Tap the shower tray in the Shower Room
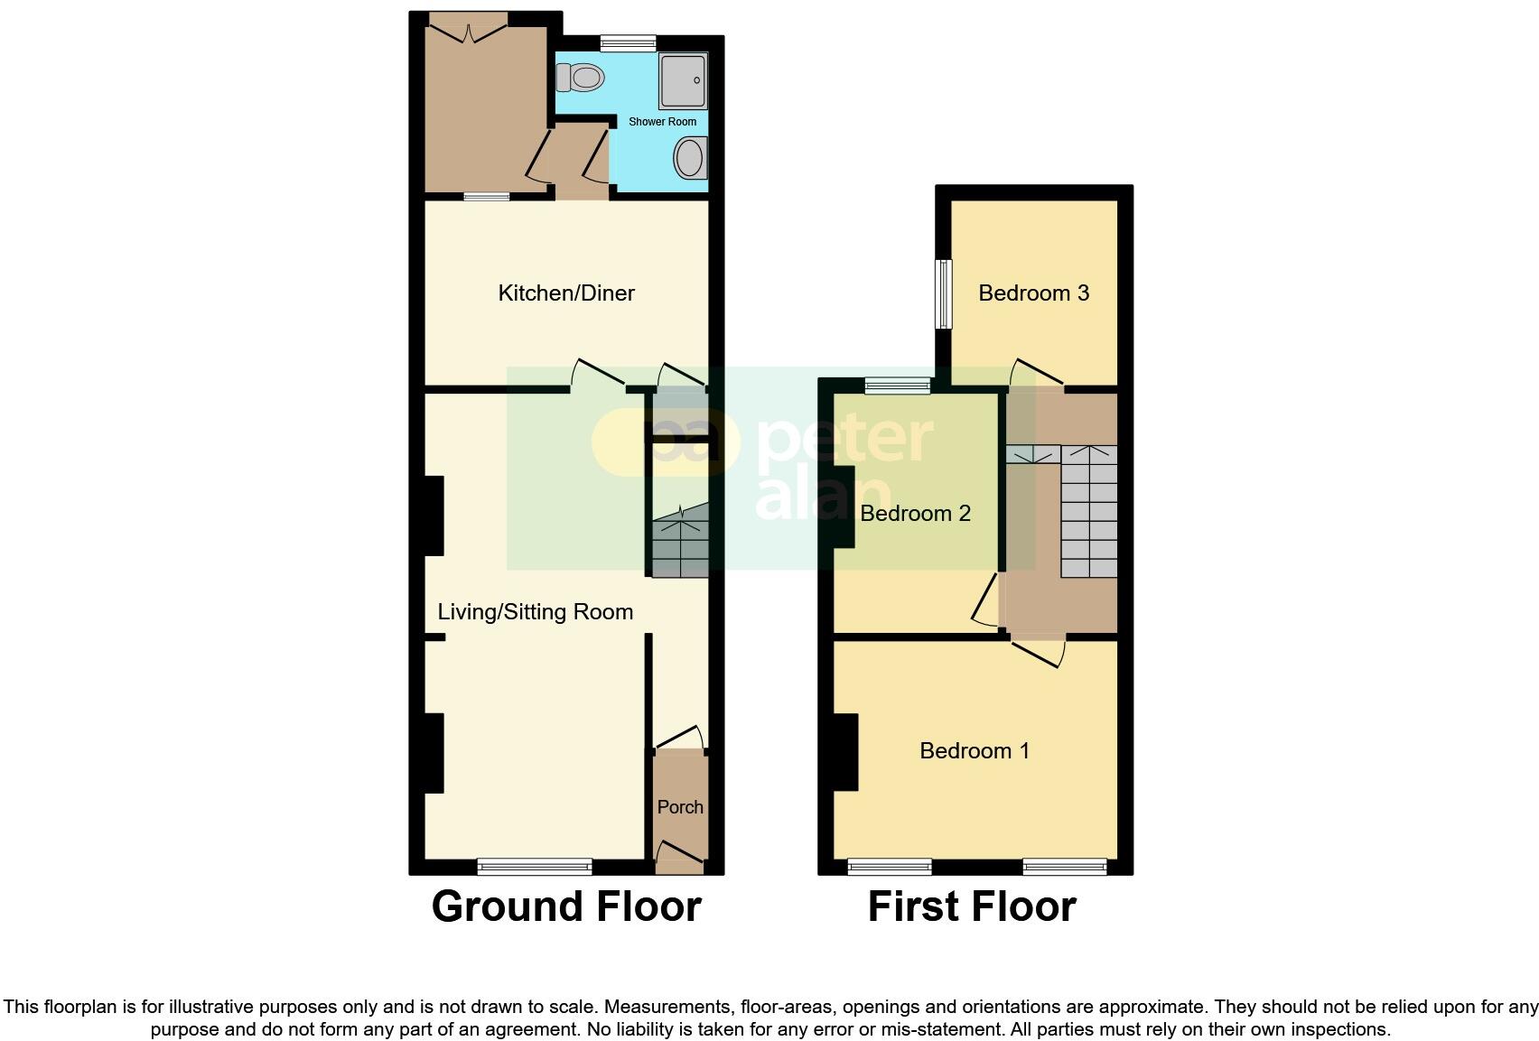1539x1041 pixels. (683, 81)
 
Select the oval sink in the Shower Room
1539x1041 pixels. (689, 159)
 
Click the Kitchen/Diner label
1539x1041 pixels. (566, 293)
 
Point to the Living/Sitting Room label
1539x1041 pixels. (535, 611)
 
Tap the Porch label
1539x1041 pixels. (680, 806)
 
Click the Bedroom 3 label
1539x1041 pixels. (1033, 293)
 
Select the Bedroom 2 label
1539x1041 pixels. (915, 513)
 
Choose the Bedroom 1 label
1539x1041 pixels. (975, 750)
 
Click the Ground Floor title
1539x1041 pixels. (566, 906)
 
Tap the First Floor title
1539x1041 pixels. (972, 906)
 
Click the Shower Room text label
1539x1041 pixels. (662, 121)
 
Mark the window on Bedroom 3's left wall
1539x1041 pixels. (944, 294)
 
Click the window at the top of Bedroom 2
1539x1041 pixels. (898, 386)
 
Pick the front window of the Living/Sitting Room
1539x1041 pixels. (535, 867)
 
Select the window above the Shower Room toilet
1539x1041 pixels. (628, 42)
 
